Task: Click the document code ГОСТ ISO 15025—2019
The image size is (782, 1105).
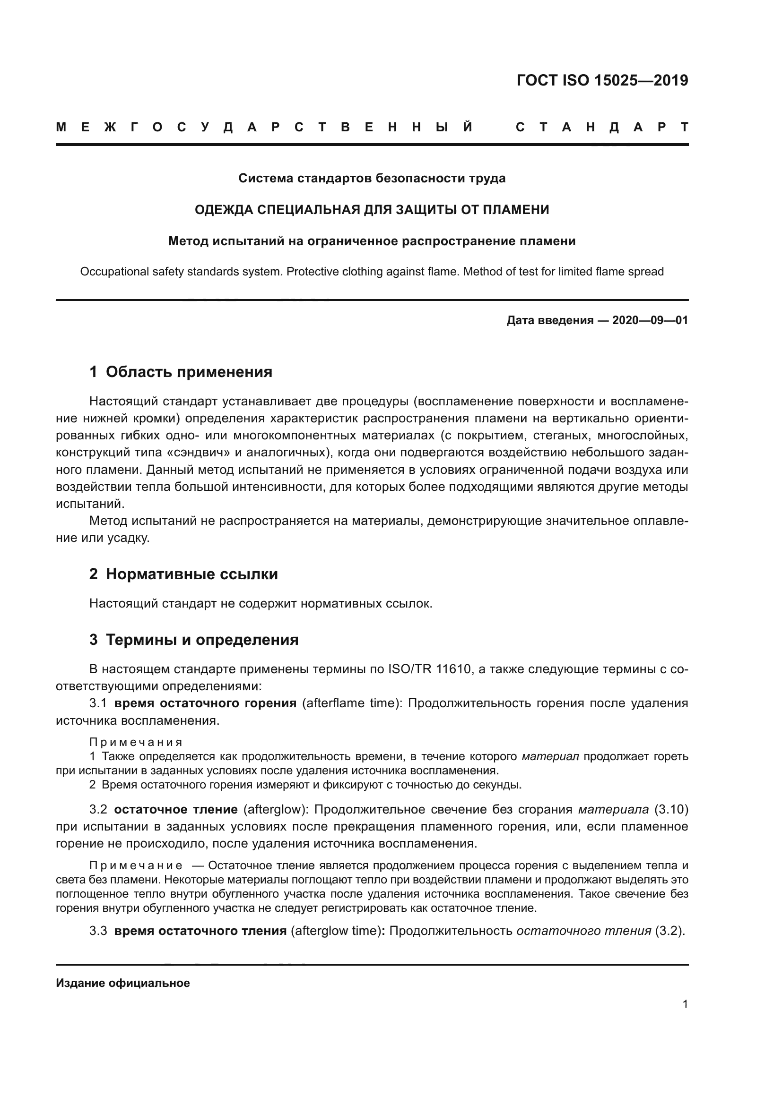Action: (x=602, y=80)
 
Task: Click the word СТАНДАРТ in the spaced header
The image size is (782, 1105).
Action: (x=602, y=128)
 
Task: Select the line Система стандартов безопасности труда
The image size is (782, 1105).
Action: (x=372, y=179)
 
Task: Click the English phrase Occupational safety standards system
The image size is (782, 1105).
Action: (x=182, y=272)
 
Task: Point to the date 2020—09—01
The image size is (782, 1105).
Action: (x=650, y=320)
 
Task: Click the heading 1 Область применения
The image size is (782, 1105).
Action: (x=181, y=372)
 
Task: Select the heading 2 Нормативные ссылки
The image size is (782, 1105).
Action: (x=183, y=574)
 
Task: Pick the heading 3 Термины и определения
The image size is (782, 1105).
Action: (x=193, y=640)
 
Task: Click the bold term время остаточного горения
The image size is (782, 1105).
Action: (x=205, y=703)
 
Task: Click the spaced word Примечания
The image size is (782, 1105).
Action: (x=136, y=743)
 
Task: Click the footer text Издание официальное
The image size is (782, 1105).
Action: (x=123, y=983)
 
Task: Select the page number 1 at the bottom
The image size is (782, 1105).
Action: (x=685, y=1004)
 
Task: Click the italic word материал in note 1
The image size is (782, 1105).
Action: (x=550, y=756)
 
